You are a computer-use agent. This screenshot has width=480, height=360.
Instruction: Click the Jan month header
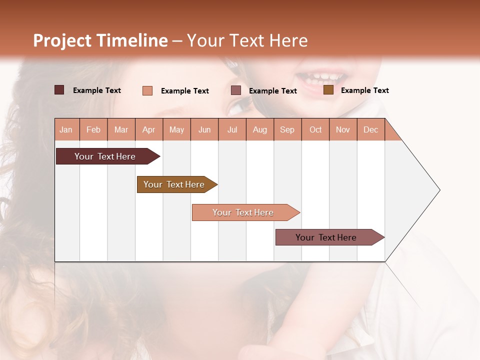66,129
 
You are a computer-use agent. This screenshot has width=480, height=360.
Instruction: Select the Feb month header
93,129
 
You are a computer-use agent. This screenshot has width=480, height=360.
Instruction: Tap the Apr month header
148,129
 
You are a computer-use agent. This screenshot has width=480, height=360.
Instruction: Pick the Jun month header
204,129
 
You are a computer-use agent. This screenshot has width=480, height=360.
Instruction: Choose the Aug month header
259,129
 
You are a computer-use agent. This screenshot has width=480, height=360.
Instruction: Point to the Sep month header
287,129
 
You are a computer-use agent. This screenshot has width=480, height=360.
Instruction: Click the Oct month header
315,129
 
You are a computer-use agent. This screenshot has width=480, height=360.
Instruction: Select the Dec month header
370,129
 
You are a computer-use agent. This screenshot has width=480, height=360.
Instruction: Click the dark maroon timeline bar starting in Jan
105,156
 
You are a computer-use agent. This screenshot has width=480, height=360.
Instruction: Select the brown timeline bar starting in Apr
174,184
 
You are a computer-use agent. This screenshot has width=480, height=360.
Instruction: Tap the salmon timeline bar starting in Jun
243,212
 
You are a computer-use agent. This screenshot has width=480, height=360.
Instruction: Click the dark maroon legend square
59,90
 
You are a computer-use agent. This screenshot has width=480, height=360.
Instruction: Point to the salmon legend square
147,90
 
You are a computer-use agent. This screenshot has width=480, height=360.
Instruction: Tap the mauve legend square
236,90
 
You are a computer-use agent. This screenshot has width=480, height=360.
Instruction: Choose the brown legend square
328,90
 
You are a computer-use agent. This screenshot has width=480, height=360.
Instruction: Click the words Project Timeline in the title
100,40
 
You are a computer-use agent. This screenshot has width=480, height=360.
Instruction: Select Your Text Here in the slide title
247,40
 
